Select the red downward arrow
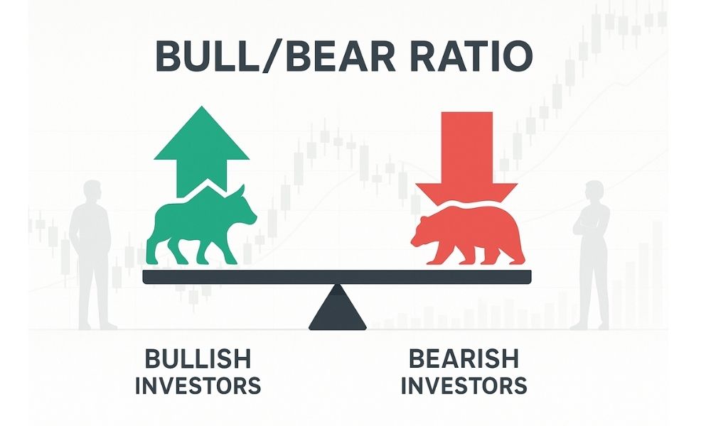pos(466,158)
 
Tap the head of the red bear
pos(424,231)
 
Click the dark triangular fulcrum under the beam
pos(337,307)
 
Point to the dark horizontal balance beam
pos(337,277)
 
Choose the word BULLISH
pos(198,359)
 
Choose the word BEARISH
pos(464,359)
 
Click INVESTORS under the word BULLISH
pos(198,386)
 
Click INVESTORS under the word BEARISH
pos(464,386)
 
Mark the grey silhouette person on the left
pos(92,254)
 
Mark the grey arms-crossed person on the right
pos(591,254)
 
